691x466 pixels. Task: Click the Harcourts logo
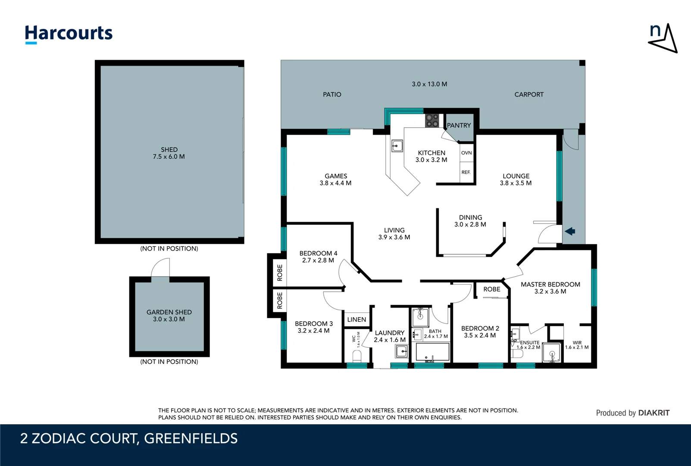pyautogui.click(x=69, y=34)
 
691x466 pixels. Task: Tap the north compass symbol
pyautogui.click(x=663, y=38)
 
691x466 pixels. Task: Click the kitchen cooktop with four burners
pyautogui.click(x=432, y=120)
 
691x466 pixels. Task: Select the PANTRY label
pyautogui.click(x=459, y=126)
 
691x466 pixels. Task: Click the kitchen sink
pyautogui.click(x=397, y=146)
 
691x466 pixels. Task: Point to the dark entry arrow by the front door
pyautogui.click(x=570, y=231)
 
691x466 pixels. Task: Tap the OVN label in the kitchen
pyautogui.click(x=466, y=153)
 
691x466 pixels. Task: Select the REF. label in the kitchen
pyautogui.click(x=466, y=172)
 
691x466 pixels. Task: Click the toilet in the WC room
pyautogui.click(x=357, y=356)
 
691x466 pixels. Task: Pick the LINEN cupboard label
pyautogui.click(x=356, y=319)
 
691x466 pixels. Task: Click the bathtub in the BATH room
pyautogui.click(x=432, y=353)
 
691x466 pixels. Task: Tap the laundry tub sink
pyautogui.click(x=401, y=352)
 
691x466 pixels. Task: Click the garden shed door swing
pyautogui.click(x=161, y=268)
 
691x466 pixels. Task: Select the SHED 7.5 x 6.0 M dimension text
pyautogui.click(x=169, y=157)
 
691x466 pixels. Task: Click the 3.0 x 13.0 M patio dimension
pyautogui.click(x=429, y=84)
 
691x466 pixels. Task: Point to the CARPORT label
pyautogui.click(x=529, y=94)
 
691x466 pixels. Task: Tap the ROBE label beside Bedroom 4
pyautogui.click(x=279, y=273)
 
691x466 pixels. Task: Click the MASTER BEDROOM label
pyautogui.click(x=550, y=284)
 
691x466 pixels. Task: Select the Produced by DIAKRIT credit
pyautogui.click(x=632, y=413)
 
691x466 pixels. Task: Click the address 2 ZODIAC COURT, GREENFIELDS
pyautogui.click(x=129, y=438)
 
